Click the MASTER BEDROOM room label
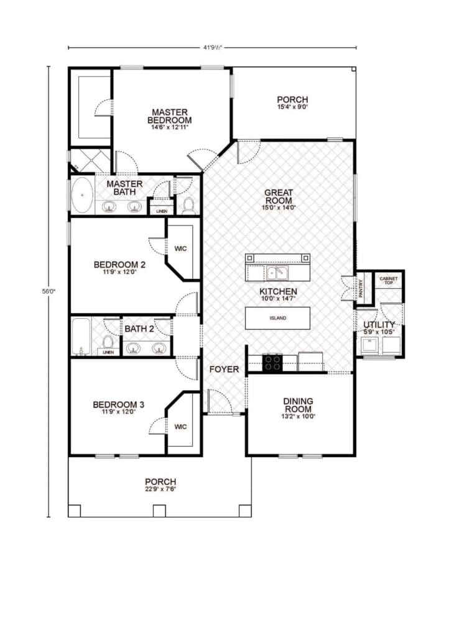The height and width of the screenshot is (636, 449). (169, 116)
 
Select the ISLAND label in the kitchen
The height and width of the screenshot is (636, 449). (277, 318)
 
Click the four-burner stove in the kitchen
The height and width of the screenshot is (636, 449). (272, 362)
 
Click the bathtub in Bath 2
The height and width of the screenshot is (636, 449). (81, 337)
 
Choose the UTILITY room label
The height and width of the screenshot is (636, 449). (379, 325)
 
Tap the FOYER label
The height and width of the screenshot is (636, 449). (224, 370)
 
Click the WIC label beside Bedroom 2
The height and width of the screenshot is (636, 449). (181, 248)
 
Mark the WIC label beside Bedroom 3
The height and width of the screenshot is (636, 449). (181, 427)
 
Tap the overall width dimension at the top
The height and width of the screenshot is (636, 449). (212, 46)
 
